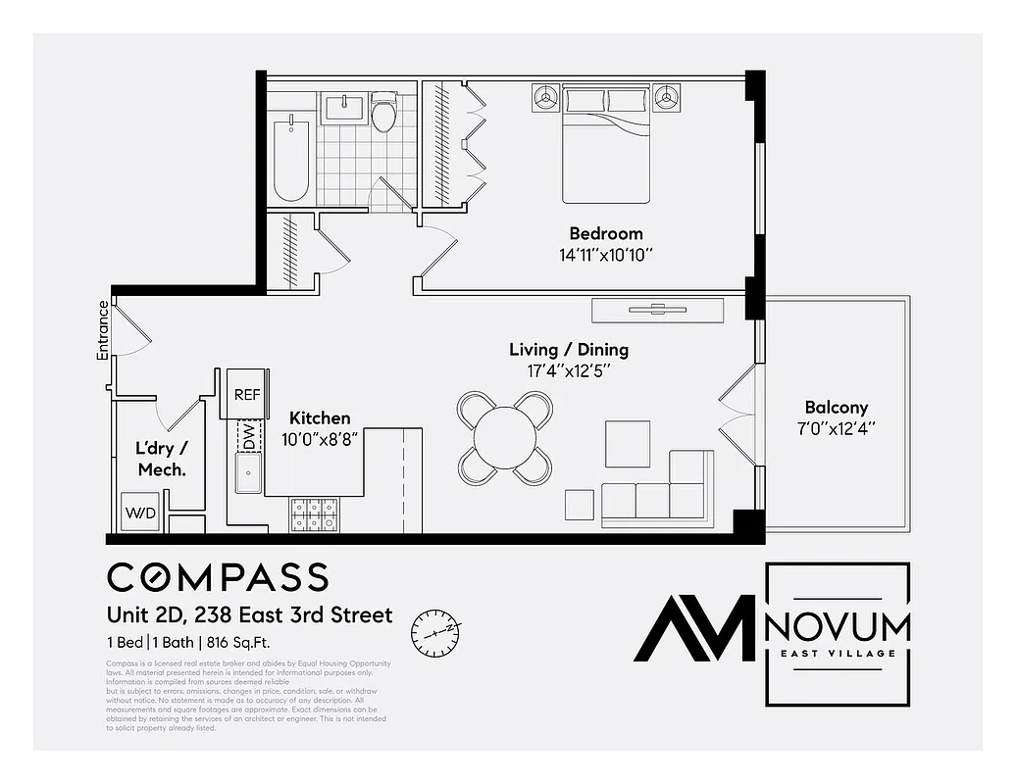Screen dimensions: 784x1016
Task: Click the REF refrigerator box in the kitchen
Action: pyautogui.click(x=246, y=394)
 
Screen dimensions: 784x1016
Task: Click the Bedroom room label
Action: pyautogui.click(x=606, y=233)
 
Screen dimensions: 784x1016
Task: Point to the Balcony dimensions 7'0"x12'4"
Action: pyautogui.click(x=837, y=428)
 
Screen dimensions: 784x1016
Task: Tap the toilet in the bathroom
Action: pyautogui.click(x=383, y=113)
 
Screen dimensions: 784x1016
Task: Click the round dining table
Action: pyautogui.click(x=506, y=437)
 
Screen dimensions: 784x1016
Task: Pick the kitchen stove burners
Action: pyautogui.click(x=315, y=514)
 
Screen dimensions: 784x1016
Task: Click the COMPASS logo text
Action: pyautogui.click(x=218, y=577)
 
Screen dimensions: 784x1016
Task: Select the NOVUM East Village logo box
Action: pyautogui.click(x=837, y=634)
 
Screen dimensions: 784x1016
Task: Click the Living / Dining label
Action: pyautogui.click(x=569, y=350)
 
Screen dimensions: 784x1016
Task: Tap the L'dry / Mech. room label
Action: pyautogui.click(x=161, y=459)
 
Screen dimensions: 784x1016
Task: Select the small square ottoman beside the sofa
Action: pyautogui.click(x=580, y=504)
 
